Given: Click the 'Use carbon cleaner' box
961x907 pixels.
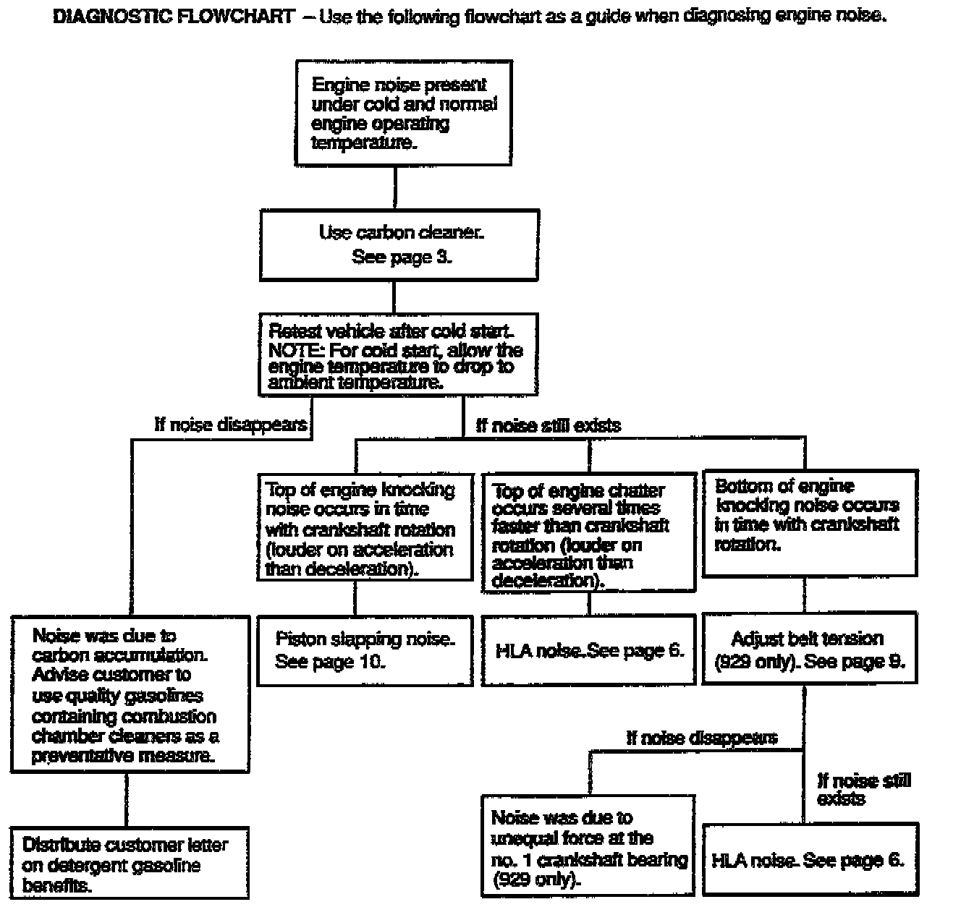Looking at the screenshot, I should click(399, 244).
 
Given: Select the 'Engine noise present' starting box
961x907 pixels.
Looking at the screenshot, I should click(403, 113).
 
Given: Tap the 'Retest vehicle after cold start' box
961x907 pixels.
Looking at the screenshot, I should click(398, 354).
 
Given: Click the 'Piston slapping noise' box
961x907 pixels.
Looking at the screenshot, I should click(365, 650).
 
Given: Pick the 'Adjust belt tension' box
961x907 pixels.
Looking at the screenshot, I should click(809, 649).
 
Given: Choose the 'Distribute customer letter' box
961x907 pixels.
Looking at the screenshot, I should click(129, 864).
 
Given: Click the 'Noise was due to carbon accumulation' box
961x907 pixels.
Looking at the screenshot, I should click(130, 694).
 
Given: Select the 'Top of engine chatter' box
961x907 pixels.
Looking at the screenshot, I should click(588, 534).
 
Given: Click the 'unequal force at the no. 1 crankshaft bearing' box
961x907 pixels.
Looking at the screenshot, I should click(588, 846).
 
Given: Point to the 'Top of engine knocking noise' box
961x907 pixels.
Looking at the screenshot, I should click(365, 527).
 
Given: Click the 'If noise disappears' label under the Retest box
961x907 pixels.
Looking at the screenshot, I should click(231, 425).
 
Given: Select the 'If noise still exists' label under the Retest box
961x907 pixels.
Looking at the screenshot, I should click(548, 426).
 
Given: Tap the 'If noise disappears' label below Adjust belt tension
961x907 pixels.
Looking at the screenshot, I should click(701, 738).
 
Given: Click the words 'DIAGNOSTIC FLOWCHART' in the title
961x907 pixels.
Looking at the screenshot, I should click(174, 17).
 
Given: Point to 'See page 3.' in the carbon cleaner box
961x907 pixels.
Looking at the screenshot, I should click(402, 257).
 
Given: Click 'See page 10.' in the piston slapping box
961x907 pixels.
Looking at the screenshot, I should click(330, 661).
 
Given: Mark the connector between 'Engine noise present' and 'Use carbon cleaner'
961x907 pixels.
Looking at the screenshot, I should click(394, 188).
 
